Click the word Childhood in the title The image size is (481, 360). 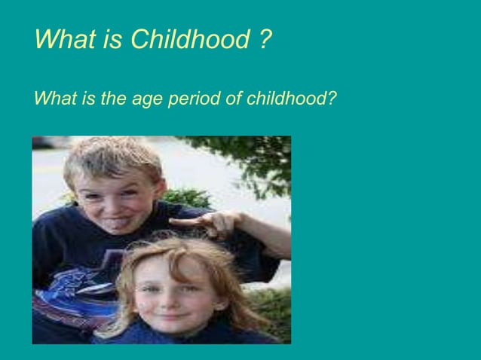click(x=188, y=38)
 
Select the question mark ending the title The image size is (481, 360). click(x=265, y=38)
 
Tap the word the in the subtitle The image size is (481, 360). click(x=116, y=99)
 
